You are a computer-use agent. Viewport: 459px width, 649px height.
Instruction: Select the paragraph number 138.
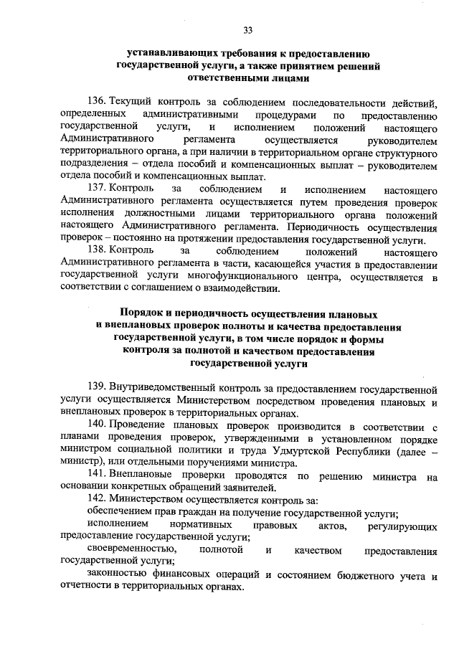(x=97, y=252)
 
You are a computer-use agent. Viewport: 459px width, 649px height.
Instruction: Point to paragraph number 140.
(x=97, y=427)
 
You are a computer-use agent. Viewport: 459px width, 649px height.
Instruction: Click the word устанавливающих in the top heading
(x=171, y=53)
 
